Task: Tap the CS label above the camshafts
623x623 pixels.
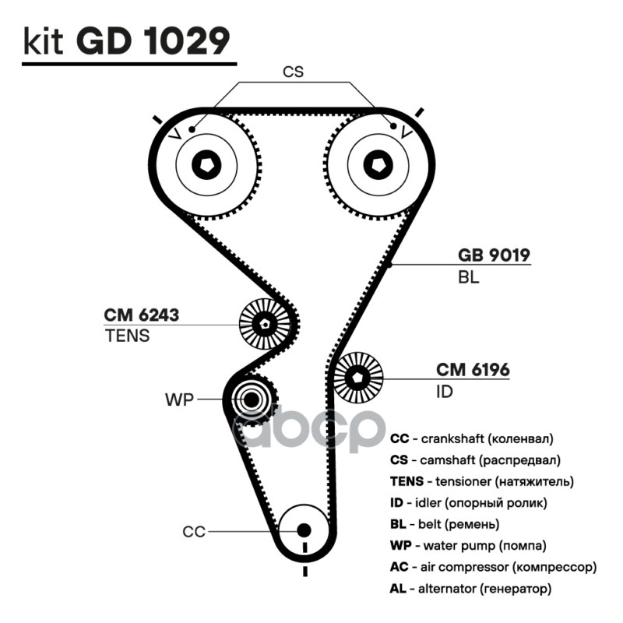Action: click(x=293, y=72)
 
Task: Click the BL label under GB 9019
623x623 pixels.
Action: click(x=468, y=276)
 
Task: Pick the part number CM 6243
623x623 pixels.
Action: click(x=142, y=315)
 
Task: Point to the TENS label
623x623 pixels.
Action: click(x=126, y=336)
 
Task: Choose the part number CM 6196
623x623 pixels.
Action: click(x=473, y=369)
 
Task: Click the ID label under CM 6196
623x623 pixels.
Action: click(x=444, y=392)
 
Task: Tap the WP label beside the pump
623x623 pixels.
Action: click(x=178, y=400)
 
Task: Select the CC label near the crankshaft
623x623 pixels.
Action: click(x=194, y=532)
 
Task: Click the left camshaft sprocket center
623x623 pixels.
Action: click(x=206, y=163)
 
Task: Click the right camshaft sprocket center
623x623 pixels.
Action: click(x=377, y=163)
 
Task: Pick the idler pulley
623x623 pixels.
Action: click(x=359, y=377)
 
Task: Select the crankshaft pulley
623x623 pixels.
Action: click(x=303, y=530)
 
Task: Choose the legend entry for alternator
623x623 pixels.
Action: click(x=470, y=588)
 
